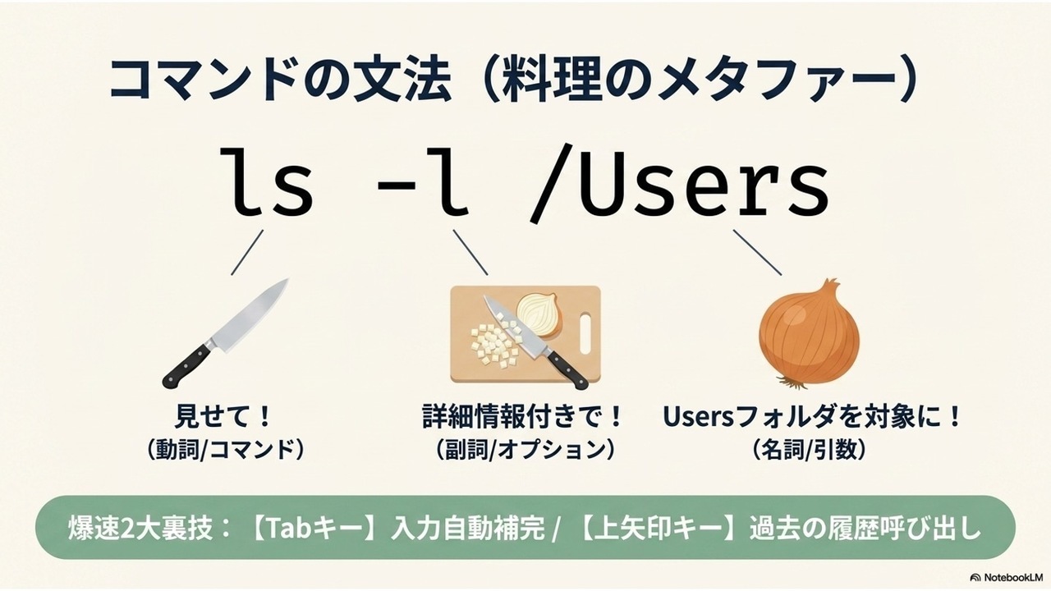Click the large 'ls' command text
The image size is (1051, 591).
tap(266, 181)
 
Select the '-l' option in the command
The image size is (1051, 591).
tap(422, 181)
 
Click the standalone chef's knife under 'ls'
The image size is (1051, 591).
tap(225, 333)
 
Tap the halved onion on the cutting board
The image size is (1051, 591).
tap(539, 314)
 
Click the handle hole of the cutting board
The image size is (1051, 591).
tap(586, 334)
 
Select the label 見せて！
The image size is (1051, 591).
tap(223, 417)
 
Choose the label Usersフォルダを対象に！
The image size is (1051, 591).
tap(813, 417)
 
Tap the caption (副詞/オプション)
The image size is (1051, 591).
tap(525, 451)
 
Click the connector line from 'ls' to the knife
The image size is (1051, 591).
tap(247, 252)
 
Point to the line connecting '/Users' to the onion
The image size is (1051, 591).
tap(757, 252)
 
